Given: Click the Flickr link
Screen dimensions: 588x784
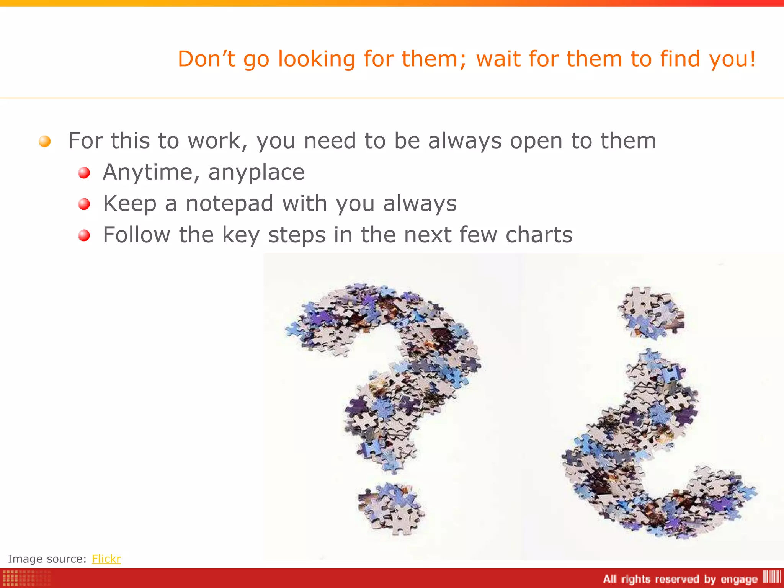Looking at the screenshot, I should (x=106, y=559).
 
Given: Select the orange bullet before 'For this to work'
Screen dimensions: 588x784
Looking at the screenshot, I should (x=45, y=141).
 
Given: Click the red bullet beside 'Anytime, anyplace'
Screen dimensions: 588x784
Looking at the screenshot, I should (x=84, y=173).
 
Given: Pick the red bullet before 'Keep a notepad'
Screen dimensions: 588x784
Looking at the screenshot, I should (x=84, y=204).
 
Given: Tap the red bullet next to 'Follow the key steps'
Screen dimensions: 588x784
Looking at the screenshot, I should (x=84, y=235).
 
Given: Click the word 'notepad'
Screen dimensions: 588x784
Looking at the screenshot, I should (x=229, y=203).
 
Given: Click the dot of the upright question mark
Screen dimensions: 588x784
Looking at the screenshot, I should (x=390, y=508).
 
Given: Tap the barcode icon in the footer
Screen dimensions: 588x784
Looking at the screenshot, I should (x=771, y=577).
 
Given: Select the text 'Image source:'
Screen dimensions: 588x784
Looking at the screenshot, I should (x=47, y=559).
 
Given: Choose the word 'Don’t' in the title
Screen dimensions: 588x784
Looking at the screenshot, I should (x=206, y=59).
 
